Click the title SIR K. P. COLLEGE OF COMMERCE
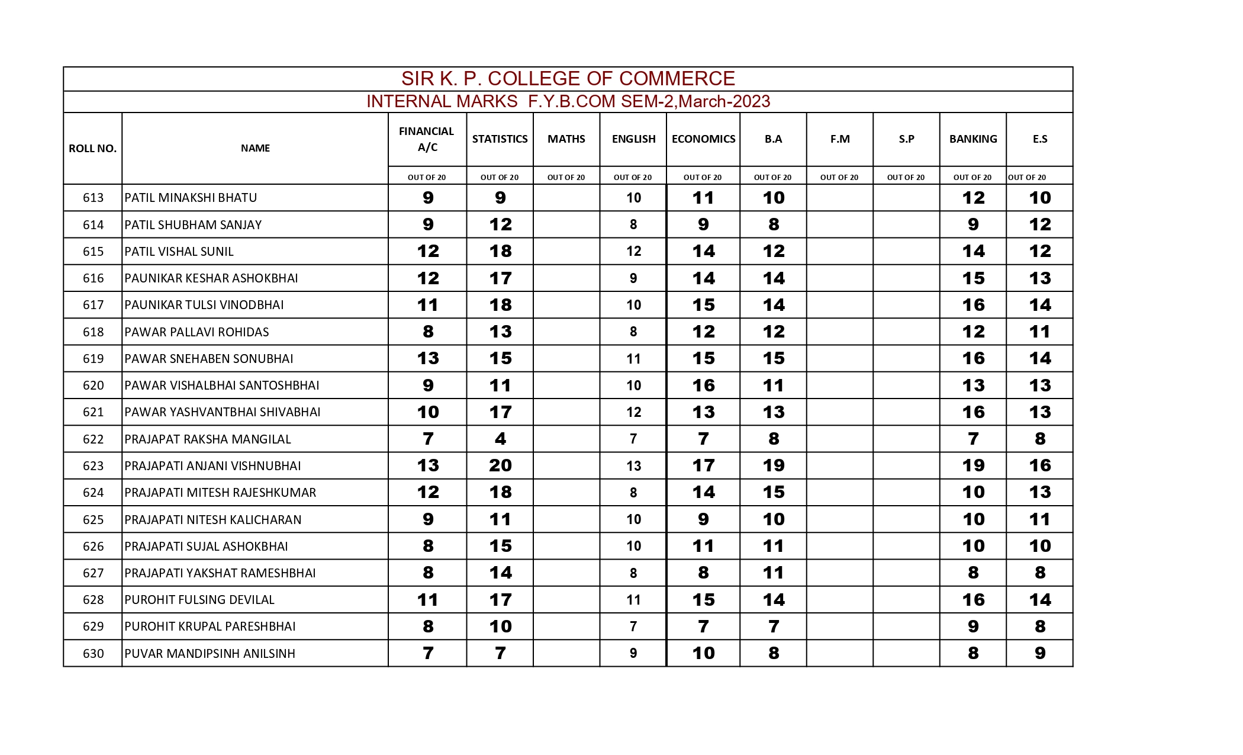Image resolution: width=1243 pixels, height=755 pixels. pos(568,79)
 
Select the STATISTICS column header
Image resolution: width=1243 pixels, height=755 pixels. pos(500,139)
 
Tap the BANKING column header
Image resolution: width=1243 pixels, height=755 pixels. pos(972,139)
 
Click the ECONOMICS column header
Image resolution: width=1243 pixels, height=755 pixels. pos(703,139)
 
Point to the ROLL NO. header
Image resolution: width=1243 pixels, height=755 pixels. pos(92,149)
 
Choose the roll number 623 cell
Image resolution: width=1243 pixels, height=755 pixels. pos(93,466)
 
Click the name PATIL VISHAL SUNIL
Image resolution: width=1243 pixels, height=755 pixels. pos(179,252)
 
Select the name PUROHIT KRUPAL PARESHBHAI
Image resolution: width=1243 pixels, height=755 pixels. pos(210,627)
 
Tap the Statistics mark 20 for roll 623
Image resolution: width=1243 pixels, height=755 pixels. pos(500,466)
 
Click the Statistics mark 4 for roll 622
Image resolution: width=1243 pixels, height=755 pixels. pos(500,439)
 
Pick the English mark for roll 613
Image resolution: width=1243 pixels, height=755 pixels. pos(633,198)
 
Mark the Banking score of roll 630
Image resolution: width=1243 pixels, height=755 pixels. pos(973,653)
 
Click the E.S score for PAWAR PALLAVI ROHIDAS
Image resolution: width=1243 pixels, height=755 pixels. pos(1039,332)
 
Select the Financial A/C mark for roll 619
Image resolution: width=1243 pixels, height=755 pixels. pos(428,359)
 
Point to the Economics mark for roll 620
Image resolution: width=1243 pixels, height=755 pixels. pos(703,386)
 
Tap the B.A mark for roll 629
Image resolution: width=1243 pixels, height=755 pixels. pos(773,627)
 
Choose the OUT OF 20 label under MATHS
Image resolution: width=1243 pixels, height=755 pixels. pos(566,177)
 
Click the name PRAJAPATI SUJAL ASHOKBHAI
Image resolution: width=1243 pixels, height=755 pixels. pos(206,547)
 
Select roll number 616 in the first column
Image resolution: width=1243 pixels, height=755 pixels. pos(93,278)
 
